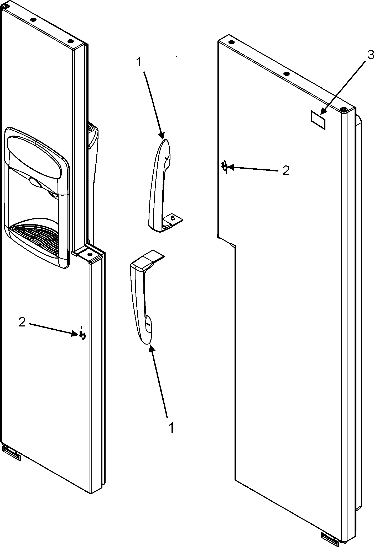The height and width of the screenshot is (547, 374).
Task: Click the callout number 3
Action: click(370, 55)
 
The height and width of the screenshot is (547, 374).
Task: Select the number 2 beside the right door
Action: click(286, 171)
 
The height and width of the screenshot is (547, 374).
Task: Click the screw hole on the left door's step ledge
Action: click(90, 255)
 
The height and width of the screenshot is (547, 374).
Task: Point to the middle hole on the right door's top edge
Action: click(287, 74)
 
